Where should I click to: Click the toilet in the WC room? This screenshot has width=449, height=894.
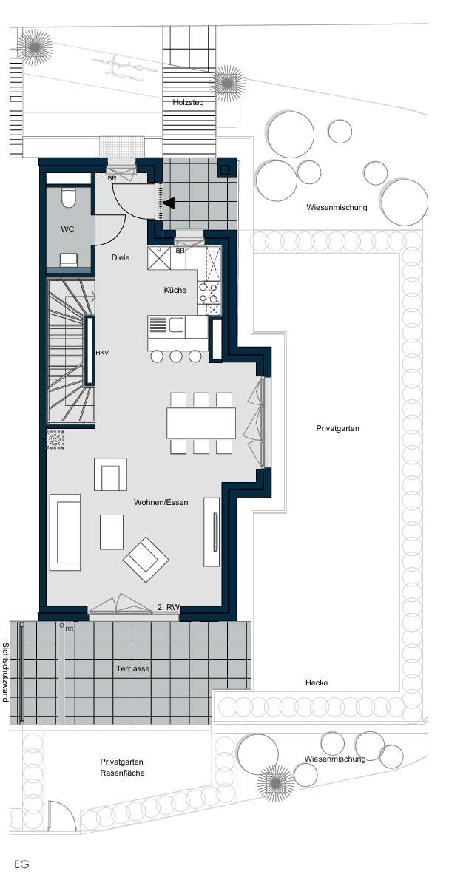[x=70, y=198]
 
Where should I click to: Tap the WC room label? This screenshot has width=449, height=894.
[x=68, y=229]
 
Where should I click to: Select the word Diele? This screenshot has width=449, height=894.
[x=121, y=258]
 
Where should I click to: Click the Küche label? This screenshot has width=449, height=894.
[x=175, y=290]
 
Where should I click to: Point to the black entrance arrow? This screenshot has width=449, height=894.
[x=169, y=203]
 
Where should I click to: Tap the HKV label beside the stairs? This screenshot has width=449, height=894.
[x=102, y=353]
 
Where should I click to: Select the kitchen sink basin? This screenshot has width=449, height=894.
[x=177, y=324]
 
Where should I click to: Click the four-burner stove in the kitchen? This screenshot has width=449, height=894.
[x=209, y=294]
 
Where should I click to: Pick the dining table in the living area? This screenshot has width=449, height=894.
[x=201, y=423]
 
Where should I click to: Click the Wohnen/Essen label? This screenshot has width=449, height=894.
[x=161, y=502]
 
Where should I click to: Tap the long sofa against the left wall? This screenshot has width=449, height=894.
[x=65, y=532]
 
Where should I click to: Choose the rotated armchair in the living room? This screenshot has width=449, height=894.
[x=146, y=560]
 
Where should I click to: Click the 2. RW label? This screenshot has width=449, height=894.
[x=169, y=608]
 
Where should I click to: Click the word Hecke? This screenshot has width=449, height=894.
[x=316, y=683]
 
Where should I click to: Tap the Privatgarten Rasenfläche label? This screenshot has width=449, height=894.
[x=122, y=767]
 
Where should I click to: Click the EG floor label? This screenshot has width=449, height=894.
[x=21, y=864]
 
